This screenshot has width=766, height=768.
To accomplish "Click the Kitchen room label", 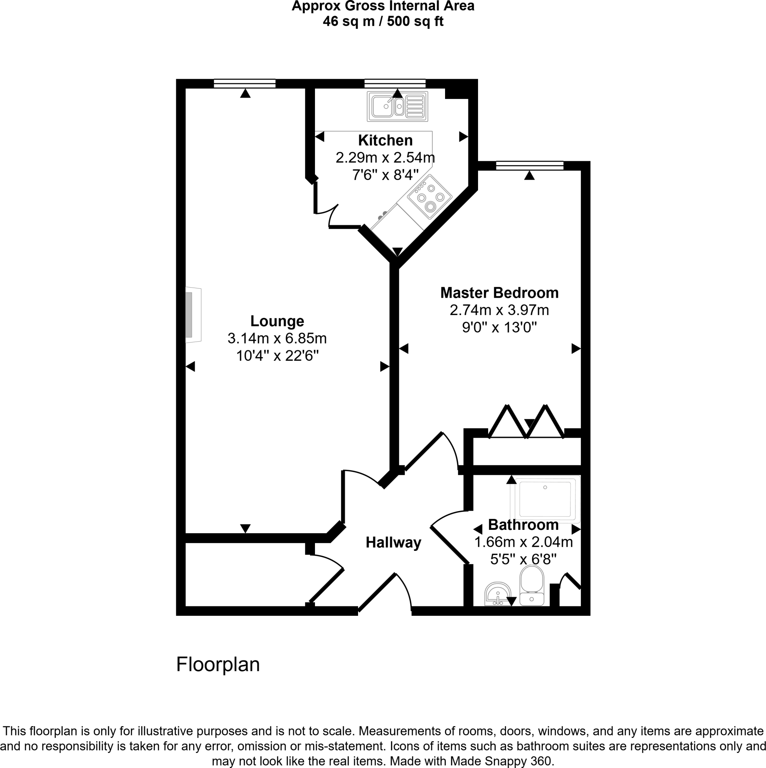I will pos(385,140).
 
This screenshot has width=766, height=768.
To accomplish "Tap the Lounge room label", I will pos(277,321).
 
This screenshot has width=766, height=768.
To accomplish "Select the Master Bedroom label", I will pos(499,292).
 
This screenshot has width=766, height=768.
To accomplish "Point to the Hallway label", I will pos(393,542).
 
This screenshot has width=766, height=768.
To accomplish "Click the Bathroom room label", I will pos(523,525).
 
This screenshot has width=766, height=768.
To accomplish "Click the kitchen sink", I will pos(397,106).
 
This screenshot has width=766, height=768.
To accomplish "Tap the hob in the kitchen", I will pos(430,197).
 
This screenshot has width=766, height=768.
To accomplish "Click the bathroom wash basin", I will pos(497,594).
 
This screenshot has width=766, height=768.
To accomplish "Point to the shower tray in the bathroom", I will pos(545,499).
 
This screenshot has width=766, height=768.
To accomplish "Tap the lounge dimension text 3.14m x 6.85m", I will pos(277,338).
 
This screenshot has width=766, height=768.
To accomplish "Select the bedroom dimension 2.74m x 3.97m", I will pos(499,310).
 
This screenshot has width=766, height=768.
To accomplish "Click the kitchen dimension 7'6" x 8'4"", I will pos(385,175).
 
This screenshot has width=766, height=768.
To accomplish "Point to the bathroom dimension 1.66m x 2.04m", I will pos(523,542).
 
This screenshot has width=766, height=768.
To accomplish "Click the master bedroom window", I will pos(529,165).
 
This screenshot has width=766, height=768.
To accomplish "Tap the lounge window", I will pos(244,84).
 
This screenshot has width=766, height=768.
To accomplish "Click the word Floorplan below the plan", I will pos(218,664).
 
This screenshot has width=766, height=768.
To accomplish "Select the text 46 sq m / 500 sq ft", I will pos(383,21).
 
